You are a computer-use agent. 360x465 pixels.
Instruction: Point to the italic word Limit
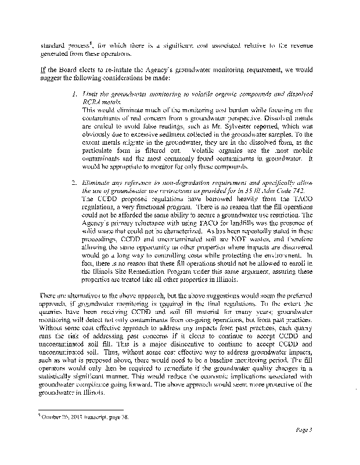tap(91, 94)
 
